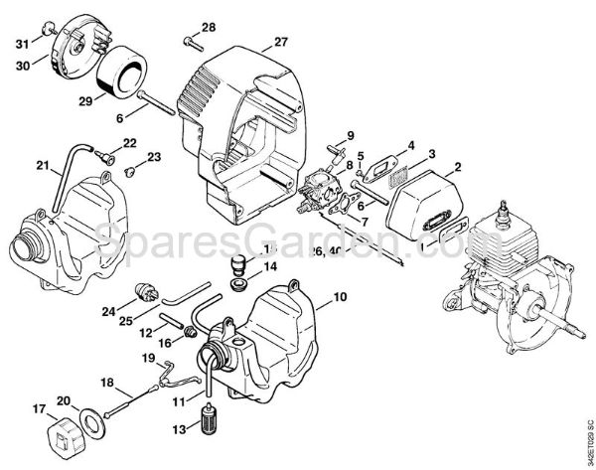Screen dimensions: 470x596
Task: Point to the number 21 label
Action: (x=15, y=165)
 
